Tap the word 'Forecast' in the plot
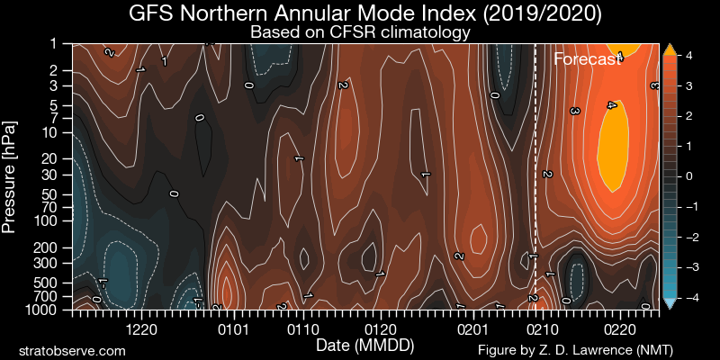(x=588, y=60)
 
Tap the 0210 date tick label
(x=541, y=329)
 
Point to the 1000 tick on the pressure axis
(x=42, y=310)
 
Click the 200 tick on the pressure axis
(x=47, y=247)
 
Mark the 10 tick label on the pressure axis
(x=50, y=132)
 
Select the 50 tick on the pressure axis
(x=50, y=193)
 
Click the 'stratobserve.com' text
(x=72, y=349)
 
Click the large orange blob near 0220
(x=615, y=144)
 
